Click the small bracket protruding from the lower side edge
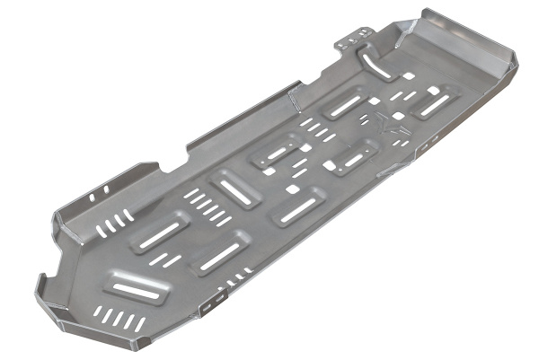point(208,305)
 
